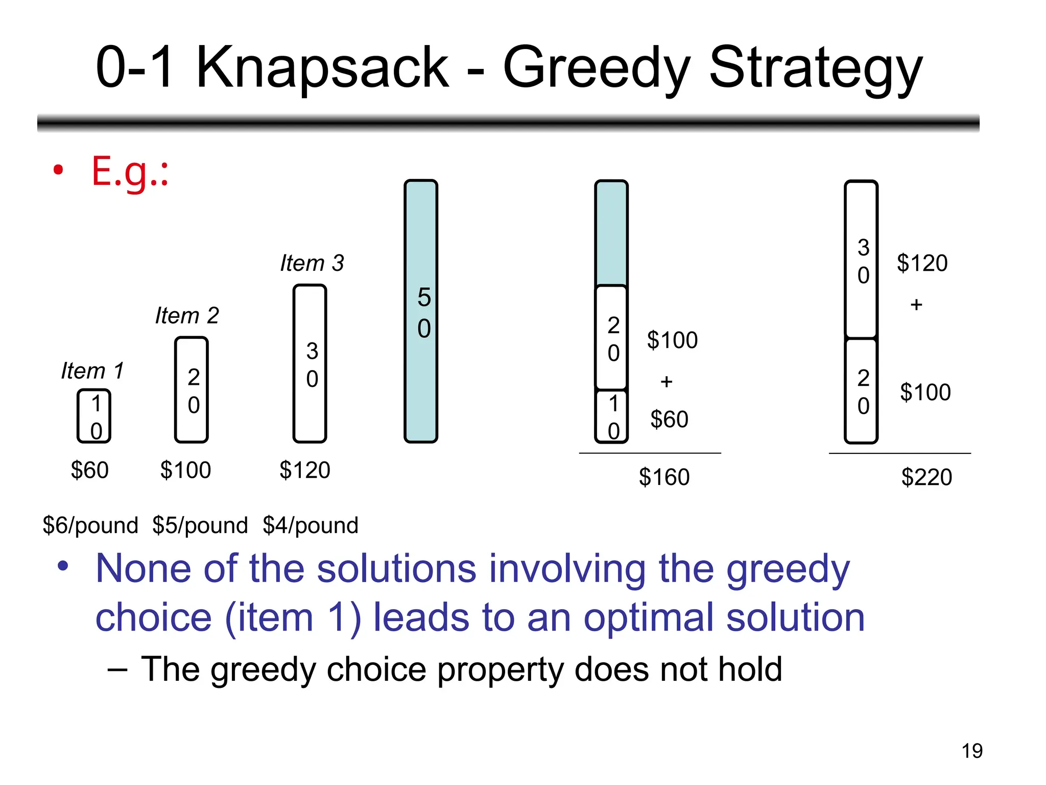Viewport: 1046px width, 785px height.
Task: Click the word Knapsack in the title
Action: [322, 68]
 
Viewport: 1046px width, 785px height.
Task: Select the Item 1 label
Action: [92, 371]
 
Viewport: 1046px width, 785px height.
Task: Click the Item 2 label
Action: [187, 315]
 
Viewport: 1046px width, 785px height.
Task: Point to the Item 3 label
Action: [312, 263]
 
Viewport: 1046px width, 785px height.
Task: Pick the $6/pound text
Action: [90, 525]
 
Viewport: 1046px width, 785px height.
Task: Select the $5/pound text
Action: [200, 525]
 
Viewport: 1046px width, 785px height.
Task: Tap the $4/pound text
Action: [311, 525]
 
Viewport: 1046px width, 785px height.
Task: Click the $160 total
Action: [664, 477]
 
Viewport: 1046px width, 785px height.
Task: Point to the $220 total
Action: [926, 477]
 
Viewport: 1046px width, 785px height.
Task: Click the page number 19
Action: [972, 751]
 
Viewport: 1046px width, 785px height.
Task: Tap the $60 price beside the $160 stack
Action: [669, 420]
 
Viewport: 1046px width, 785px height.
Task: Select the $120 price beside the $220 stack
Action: [922, 263]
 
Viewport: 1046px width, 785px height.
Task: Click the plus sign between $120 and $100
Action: [916, 305]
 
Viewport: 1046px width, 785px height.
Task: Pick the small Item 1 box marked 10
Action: [94, 416]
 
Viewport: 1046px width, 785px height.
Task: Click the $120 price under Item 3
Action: [305, 470]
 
